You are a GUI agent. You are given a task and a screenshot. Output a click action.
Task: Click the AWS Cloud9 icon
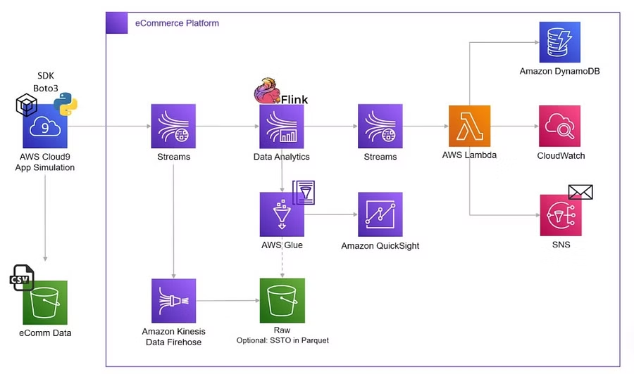[45, 127]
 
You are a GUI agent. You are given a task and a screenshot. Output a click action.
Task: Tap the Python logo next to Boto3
[66, 105]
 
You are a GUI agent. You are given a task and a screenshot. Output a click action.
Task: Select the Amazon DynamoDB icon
[559, 41]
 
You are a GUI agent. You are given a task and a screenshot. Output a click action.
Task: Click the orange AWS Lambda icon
[469, 127]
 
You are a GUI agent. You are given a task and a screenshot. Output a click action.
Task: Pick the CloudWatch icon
[559, 126]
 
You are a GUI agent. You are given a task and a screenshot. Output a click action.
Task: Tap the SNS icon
[559, 215]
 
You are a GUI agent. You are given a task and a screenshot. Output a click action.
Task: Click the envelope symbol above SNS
[580, 192]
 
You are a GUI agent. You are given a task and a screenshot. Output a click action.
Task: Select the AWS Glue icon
[282, 214]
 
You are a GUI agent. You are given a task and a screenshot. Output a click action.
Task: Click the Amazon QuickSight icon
[380, 214]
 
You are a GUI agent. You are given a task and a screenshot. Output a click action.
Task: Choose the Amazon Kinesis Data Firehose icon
[173, 300]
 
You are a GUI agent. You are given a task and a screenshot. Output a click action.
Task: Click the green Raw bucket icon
[282, 300]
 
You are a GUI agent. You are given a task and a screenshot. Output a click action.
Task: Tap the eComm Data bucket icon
[45, 302]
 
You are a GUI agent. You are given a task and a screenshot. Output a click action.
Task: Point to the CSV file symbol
[22, 278]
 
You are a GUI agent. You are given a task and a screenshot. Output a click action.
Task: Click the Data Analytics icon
[282, 127]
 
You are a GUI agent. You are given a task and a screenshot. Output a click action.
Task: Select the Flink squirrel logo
[267, 93]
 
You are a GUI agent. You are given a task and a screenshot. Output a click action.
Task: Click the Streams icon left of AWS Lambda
[380, 127]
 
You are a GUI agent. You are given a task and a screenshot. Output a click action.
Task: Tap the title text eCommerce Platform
[177, 23]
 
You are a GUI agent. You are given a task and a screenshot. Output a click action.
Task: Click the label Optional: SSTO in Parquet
[282, 340]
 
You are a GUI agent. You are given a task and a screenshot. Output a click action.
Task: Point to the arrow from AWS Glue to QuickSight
[331, 214]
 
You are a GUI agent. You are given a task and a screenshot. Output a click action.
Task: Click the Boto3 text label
[45, 88]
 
